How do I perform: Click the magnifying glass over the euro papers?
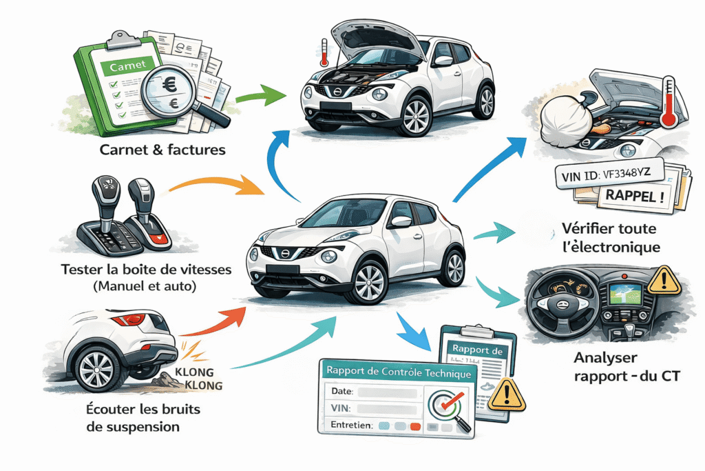[169, 90]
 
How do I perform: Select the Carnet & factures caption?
[161, 149]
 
